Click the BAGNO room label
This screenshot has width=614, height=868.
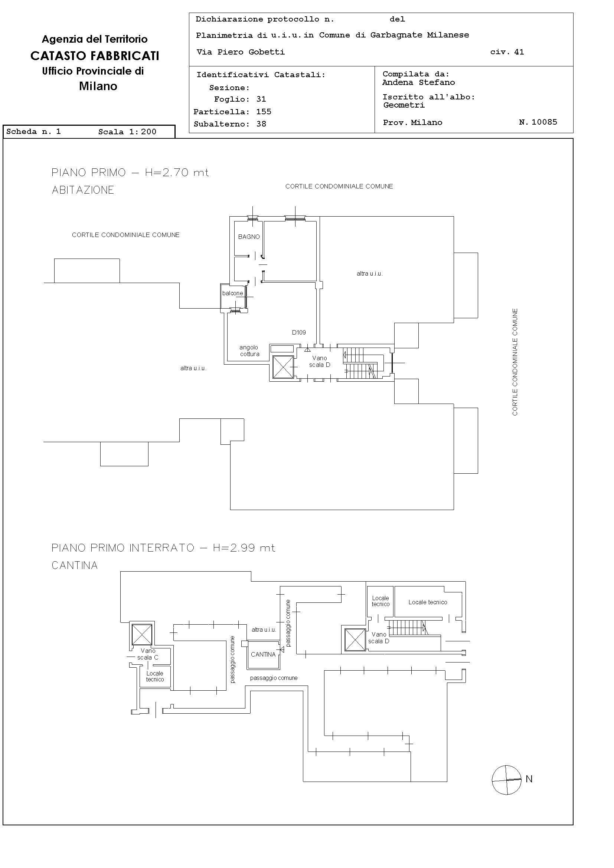point(249,237)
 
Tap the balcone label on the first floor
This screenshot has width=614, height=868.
point(233,293)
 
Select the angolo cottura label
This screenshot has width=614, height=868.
point(250,351)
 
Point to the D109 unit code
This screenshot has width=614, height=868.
point(299,332)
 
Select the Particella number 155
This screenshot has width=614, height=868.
point(264,112)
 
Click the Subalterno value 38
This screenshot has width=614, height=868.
point(261,124)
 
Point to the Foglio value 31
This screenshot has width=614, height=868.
point(261,99)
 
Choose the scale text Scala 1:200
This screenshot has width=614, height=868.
point(127,132)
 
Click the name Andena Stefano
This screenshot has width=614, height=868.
point(419,82)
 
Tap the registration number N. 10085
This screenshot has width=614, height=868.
point(538,122)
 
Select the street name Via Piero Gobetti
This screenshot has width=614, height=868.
point(241,52)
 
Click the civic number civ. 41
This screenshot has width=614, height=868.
point(507,52)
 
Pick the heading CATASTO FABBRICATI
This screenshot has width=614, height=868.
point(95,56)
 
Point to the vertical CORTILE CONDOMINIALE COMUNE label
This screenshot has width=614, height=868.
point(515,362)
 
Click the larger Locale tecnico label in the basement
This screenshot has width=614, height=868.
point(428,602)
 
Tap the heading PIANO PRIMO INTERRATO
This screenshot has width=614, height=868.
point(123,548)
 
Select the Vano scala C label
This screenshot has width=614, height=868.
point(148,654)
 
